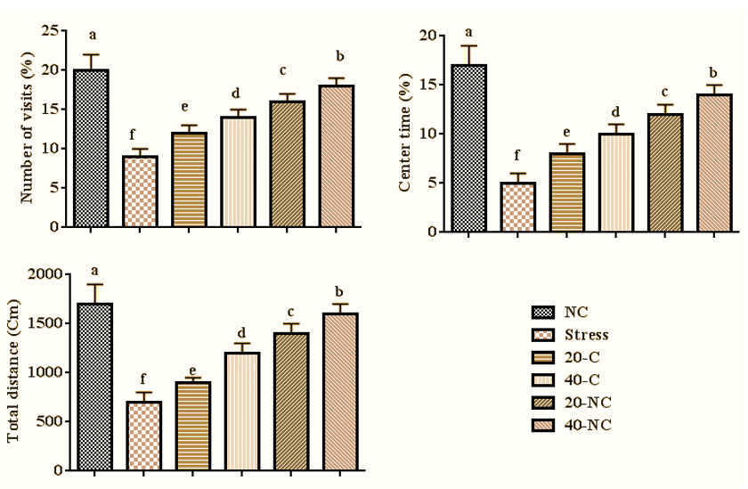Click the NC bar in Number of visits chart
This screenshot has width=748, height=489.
91,148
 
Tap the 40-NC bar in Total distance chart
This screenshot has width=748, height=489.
339,391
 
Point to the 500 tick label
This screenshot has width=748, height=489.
50,421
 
